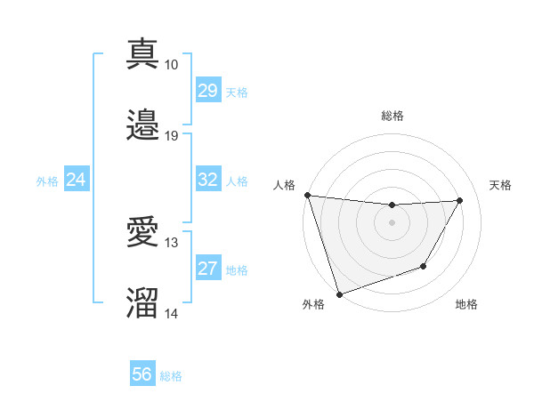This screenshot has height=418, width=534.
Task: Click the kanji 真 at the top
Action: pos(143,53)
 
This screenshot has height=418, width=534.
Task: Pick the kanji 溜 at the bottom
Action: pos(143,303)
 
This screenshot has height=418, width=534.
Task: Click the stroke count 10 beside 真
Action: pos(171,65)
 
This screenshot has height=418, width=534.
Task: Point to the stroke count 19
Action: pos(171,136)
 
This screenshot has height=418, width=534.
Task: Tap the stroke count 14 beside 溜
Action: pos(171,314)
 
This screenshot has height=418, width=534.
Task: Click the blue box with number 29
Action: pos(207,90)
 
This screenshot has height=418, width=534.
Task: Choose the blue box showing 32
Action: pos(207,180)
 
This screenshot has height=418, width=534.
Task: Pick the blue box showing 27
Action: pos(207,269)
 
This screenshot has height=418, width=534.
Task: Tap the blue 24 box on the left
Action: pos(76,180)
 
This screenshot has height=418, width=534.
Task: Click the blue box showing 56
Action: pos(142,374)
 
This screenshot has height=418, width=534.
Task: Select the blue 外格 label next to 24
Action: pos(47,181)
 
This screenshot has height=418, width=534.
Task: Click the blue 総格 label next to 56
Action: pos(171,376)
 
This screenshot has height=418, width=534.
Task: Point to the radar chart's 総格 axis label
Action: pos(392,116)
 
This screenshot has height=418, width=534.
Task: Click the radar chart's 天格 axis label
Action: pos(501,185)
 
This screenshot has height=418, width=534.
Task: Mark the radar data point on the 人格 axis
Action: pos(307,195)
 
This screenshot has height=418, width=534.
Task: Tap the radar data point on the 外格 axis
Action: pos(339,293)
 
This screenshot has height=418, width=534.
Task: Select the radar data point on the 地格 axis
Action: pos(424,266)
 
